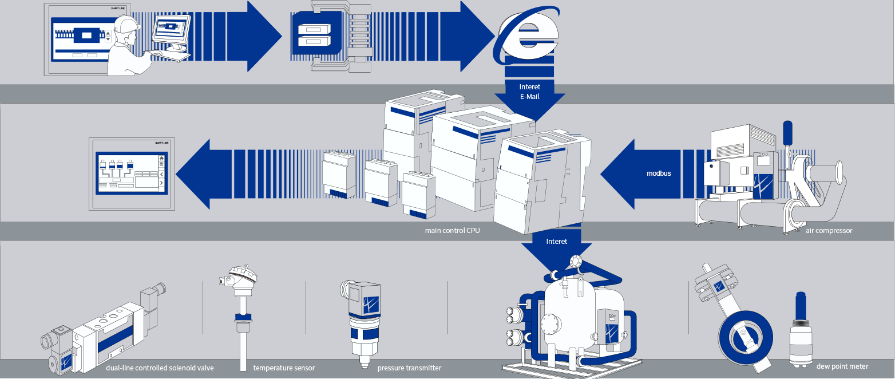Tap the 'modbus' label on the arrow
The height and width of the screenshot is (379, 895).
coord(659,173)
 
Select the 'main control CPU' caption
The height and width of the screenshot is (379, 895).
coord(452,231)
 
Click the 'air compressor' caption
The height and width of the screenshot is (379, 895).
coord(829,231)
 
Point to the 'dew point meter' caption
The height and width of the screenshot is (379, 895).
coord(842,366)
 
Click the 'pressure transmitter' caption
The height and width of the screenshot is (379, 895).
coord(409,368)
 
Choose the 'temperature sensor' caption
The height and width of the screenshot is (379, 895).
coord(284,368)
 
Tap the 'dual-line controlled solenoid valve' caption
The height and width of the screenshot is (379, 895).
coord(160,368)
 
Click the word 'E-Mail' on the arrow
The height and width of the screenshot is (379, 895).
coord(529,97)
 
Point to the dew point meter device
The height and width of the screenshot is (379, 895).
coord(800,332)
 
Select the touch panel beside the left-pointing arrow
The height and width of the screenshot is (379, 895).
coord(131,173)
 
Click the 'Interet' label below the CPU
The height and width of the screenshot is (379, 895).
coord(556,242)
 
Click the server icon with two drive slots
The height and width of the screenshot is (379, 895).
coord(311,35)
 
